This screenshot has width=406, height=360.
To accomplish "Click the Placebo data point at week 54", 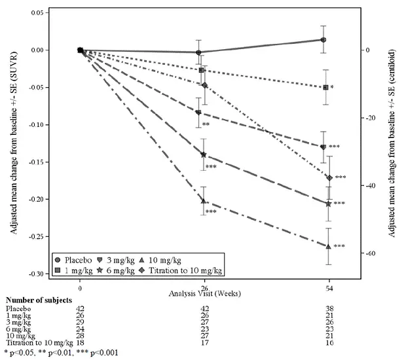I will pos(323,39).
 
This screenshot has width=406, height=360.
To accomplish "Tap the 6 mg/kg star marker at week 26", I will pos(204,155).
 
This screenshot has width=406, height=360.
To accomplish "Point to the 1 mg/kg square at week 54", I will pos(325,87).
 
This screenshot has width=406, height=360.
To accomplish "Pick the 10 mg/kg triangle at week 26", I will pos(204,201).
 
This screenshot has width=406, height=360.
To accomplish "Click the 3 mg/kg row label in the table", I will pos(18,321).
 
